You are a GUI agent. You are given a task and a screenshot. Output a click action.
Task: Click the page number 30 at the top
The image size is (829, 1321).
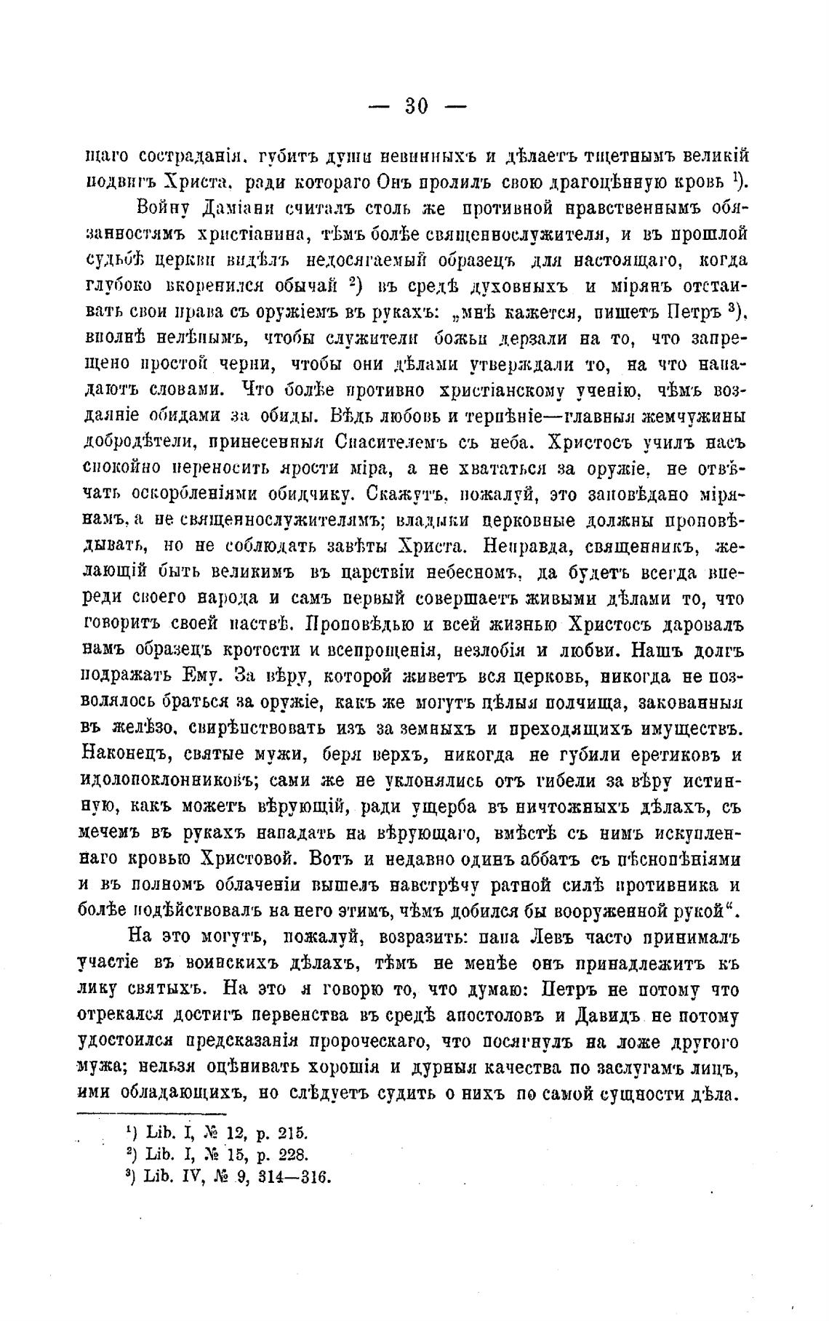417,106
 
